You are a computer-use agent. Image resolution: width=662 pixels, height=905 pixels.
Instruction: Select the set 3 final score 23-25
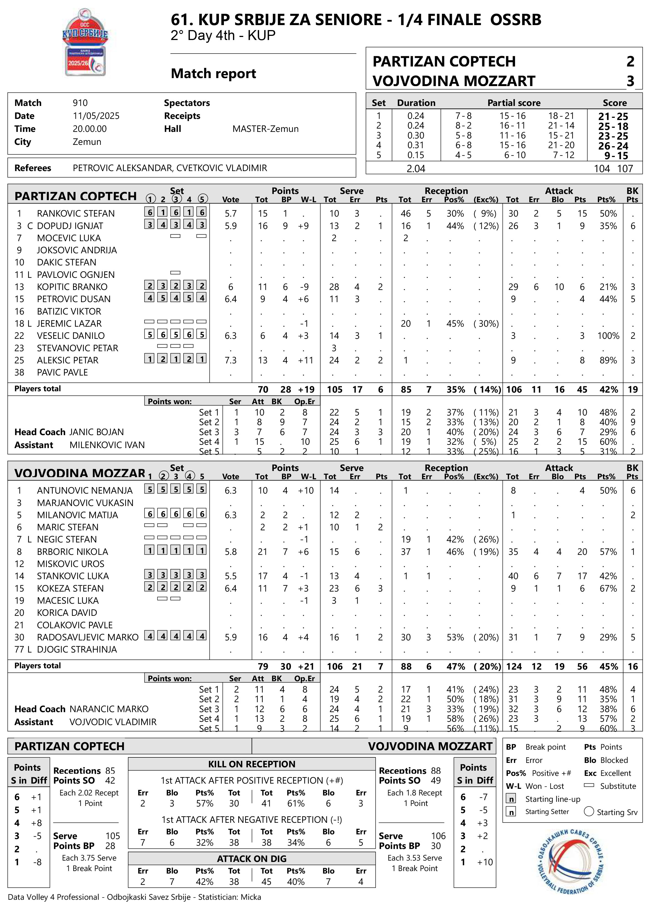[613, 136]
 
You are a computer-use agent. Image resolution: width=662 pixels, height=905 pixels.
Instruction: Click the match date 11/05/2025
[96, 116]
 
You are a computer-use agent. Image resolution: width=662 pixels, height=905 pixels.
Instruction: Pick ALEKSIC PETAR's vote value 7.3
[231, 360]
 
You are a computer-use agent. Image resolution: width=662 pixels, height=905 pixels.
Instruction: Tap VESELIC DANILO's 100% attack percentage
[608, 336]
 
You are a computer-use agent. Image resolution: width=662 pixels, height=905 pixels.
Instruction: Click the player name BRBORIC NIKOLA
[73, 551]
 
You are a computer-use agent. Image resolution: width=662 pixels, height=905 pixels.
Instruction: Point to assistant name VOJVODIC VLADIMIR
[113, 722]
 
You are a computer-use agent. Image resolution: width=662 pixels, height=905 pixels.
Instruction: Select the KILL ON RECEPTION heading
[252, 764]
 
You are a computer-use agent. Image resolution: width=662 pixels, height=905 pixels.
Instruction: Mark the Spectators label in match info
[187, 103]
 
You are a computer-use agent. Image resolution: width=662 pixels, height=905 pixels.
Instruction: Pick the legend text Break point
[545, 747]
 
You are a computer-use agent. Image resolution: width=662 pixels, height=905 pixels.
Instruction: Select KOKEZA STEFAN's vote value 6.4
[231, 588]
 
